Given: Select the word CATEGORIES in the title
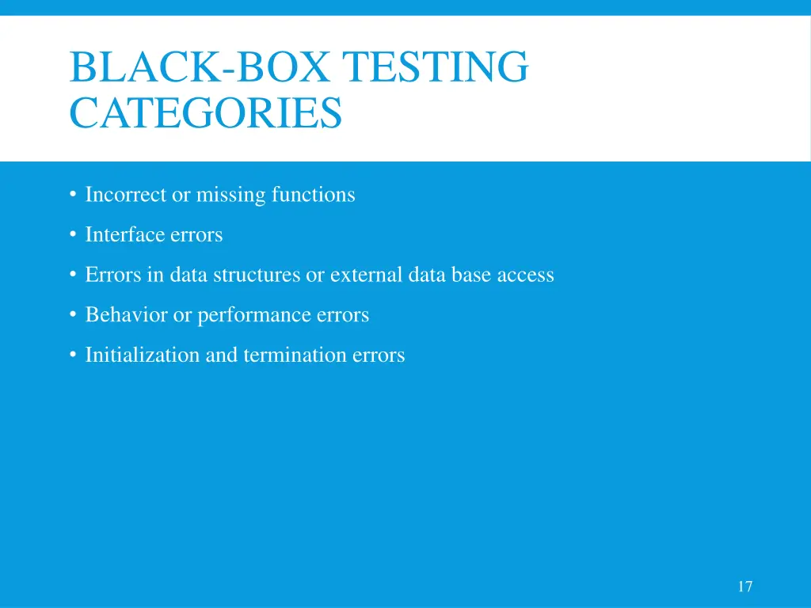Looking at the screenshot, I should pyautogui.click(x=206, y=112).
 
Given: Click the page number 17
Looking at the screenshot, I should pyautogui.click(x=744, y=587).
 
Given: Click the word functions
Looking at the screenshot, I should pyautogui.click(x=314, y=194).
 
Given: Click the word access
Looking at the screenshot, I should pyautogui.click(x=525, y=275).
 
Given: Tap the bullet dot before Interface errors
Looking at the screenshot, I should pyautogui.click(x=72, y=234).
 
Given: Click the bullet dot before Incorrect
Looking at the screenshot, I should pyautogui.click(x=72, y=194).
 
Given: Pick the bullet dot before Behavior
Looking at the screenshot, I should pyautogui.click(x=72, y=315).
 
